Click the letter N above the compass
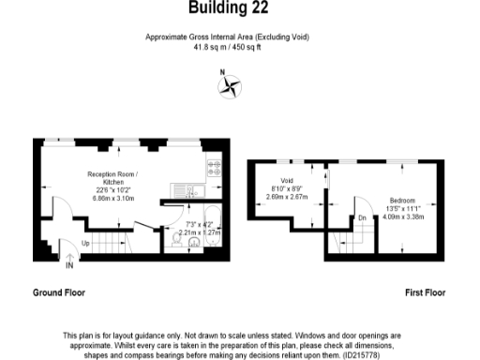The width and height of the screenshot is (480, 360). pyautogui.click(x=221, y=73)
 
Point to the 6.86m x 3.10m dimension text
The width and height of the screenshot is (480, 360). pyautogui.click(x=112, y=199)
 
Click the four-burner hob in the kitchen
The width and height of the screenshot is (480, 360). pyautogui.click(x=214, y=170)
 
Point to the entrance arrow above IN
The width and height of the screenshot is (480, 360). pyautogui.click(x=68, y=255)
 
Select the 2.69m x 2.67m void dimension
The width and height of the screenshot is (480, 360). pyautogui.click(x=287, y=197)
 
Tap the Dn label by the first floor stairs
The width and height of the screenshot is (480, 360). pyautogui.click(x=363, y=218)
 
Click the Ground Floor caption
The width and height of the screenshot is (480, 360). pyautogui.click(x=59, y=292)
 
